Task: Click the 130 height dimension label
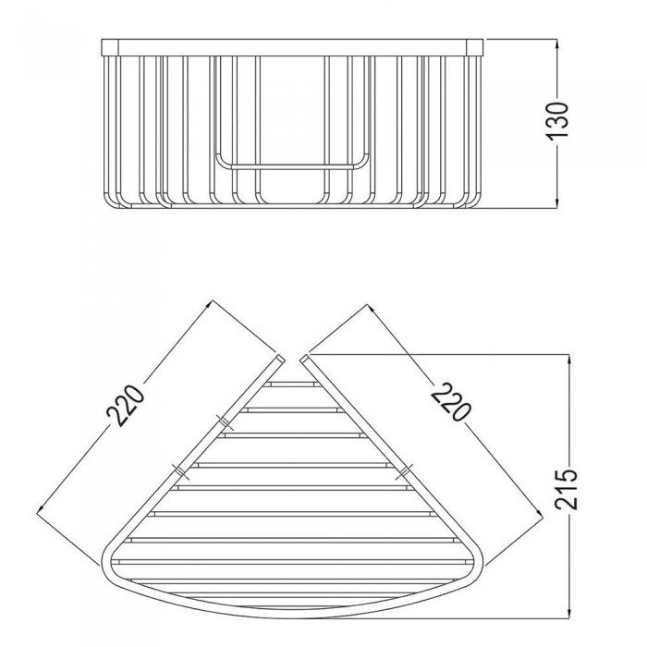[558, 121]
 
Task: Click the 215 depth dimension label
[566, 489]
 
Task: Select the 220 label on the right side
[450, 401]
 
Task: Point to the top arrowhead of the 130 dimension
[557, 44]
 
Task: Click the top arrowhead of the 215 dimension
[569, 360]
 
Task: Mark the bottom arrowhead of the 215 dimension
[569, 612]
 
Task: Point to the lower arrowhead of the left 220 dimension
[42, 508]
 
